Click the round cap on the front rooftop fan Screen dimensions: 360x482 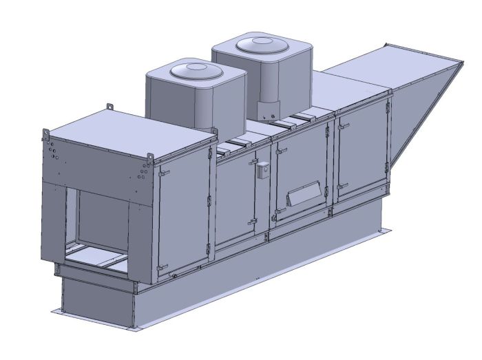click(x=195, y=70)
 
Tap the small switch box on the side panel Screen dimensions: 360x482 click(x=262, y=171)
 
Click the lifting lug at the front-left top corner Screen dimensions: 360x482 click(x=45, y=131)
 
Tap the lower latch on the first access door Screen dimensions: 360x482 click(x=160, y=266)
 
